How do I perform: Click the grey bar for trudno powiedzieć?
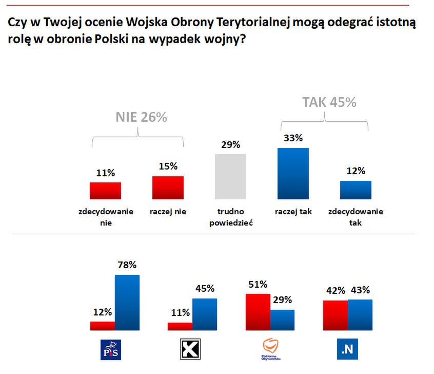[x=230, y=176]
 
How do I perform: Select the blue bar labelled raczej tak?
[x=293, y=173]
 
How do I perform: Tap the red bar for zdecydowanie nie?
[x=105, y=191]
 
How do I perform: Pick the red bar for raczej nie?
[x=168, y=188]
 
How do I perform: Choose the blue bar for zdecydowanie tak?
[x=356, y=190]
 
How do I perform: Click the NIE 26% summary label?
[x=141, y=117]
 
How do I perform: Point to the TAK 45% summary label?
[x=329, y=102]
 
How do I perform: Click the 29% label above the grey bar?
[x=230, y=144]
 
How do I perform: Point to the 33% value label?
[x=293, y=138]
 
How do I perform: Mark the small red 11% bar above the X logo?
[x=180, y=326]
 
